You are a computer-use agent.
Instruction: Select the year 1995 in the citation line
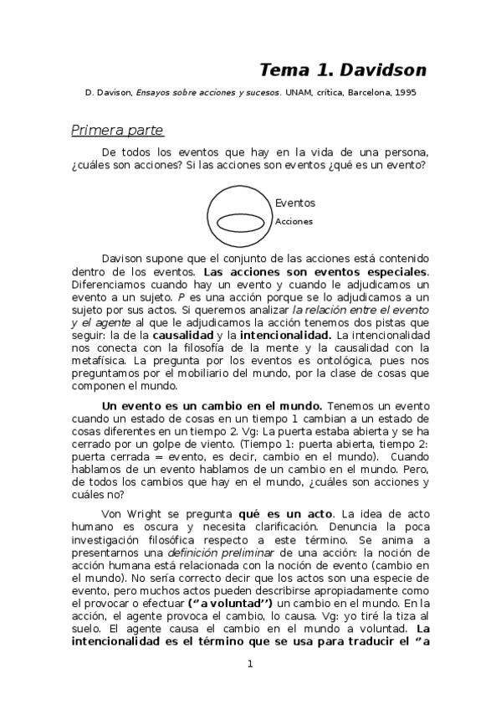(x=402, y=93)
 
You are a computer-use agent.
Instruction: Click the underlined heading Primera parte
(x=117, y=131)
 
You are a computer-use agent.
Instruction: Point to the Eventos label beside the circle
(x=295, y=203)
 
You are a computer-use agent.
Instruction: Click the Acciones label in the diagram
(x=294, y=222)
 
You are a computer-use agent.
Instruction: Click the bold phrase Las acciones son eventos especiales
(x=315, y=272)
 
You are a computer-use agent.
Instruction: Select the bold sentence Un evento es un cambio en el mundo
(x=211, y=405)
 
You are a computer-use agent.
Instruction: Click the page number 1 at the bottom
(x=249, y=665)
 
